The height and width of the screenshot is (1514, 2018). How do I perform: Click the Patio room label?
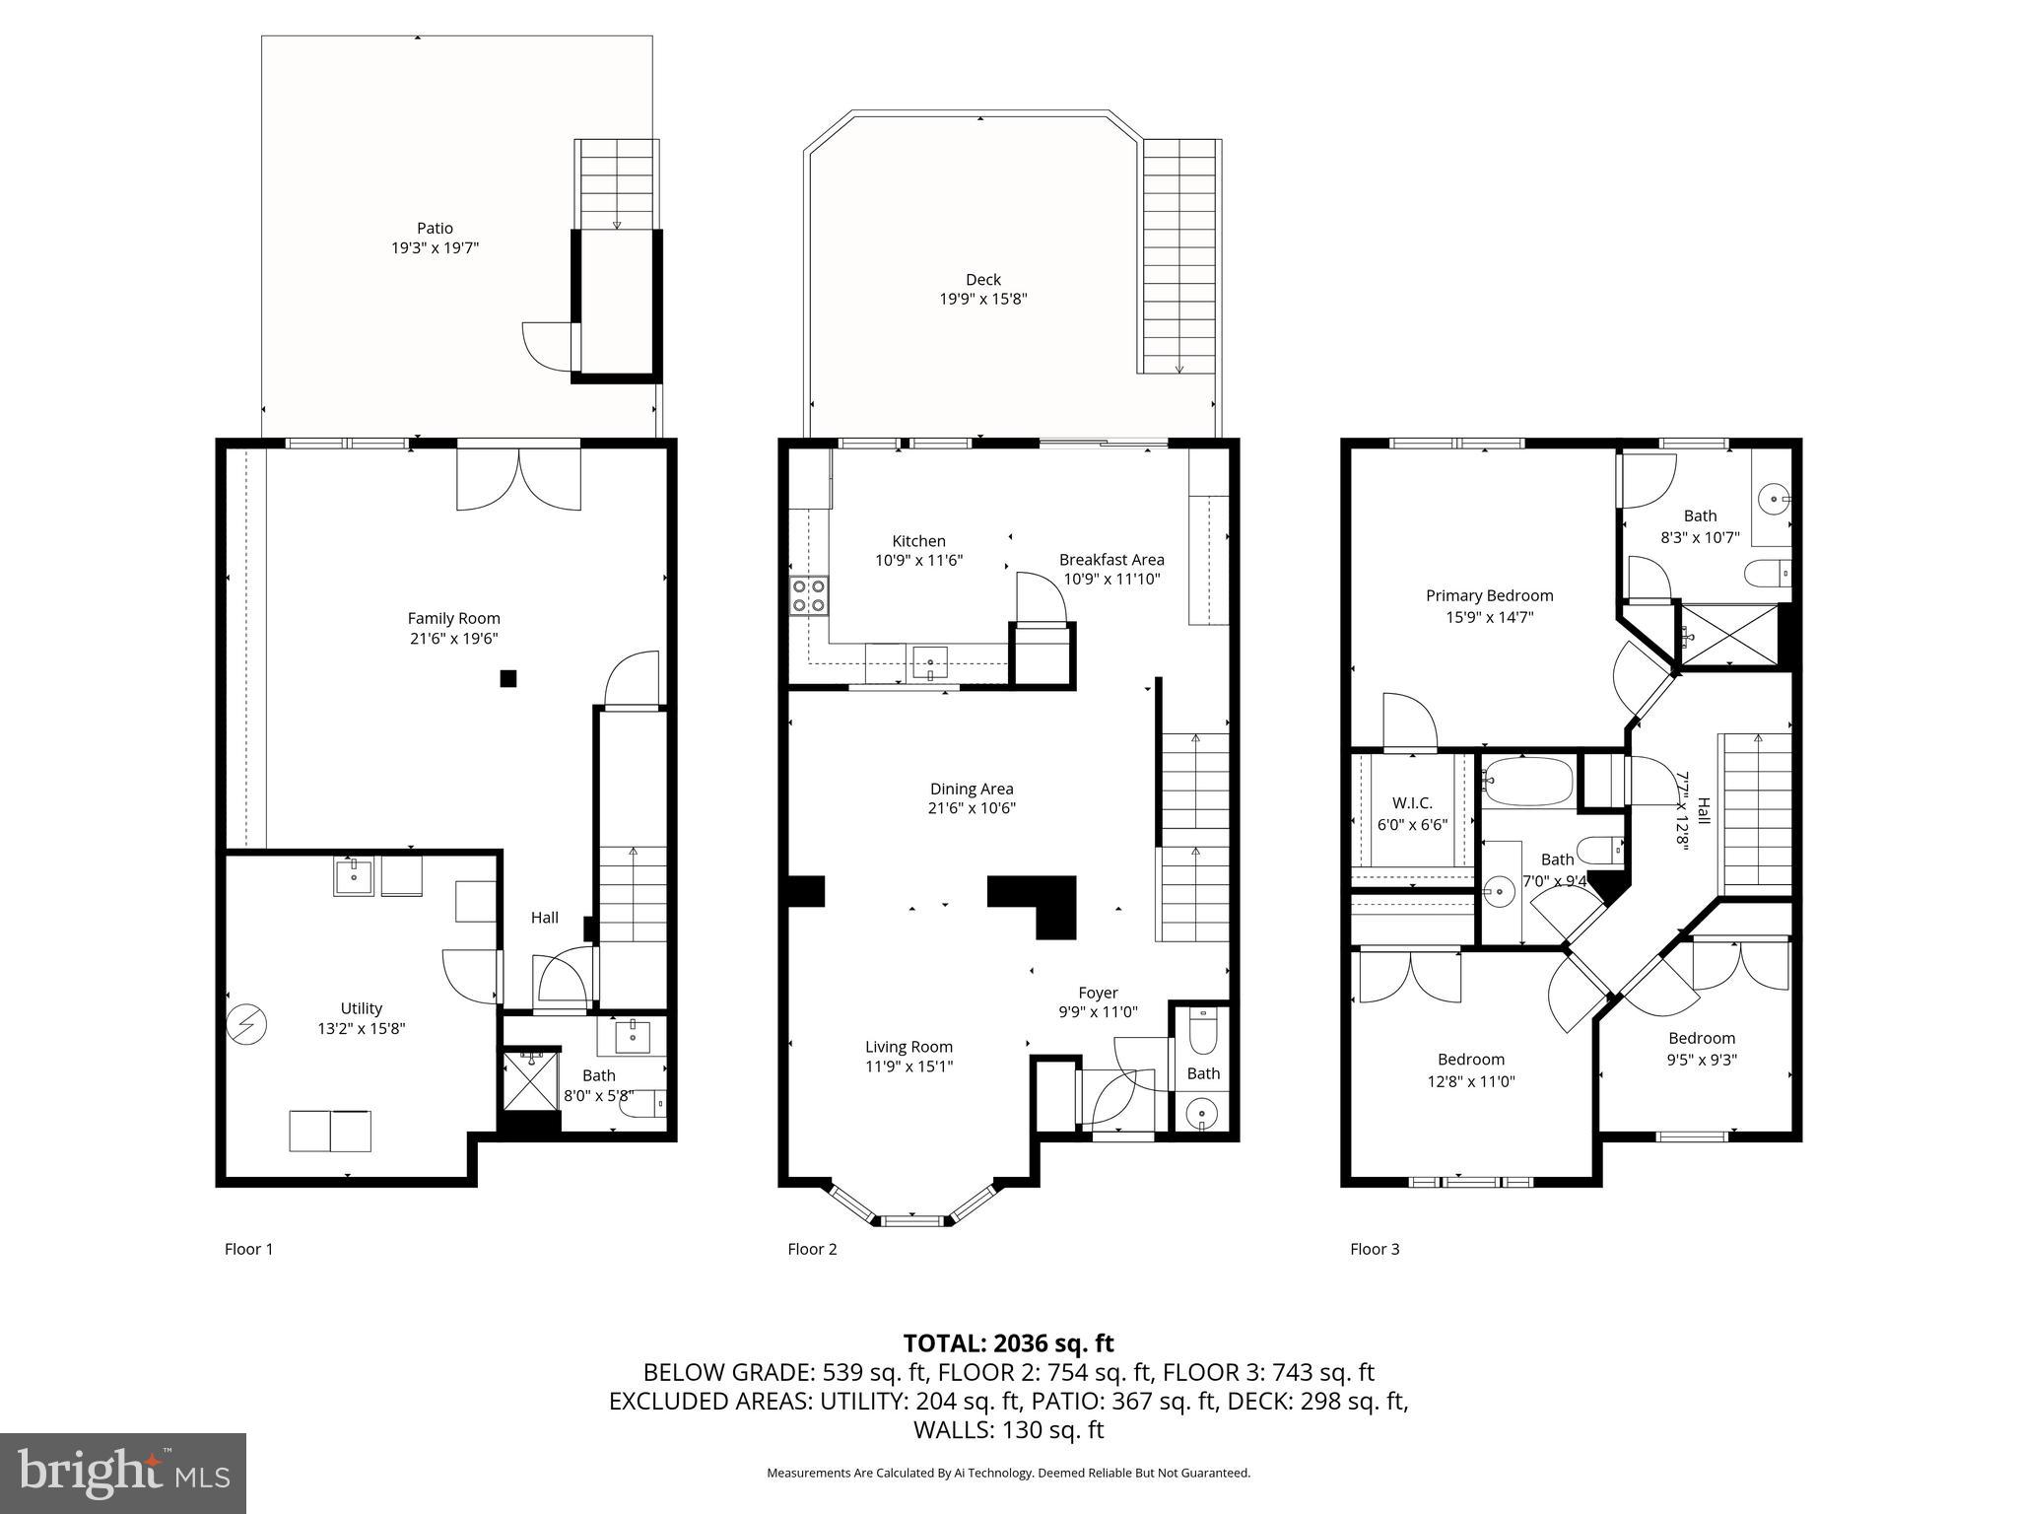435,229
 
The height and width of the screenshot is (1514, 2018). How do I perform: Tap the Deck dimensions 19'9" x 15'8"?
982,299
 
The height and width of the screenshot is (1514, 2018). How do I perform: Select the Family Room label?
453,619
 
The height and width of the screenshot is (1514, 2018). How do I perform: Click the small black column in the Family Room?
508,678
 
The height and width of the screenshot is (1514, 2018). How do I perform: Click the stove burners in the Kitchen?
809,596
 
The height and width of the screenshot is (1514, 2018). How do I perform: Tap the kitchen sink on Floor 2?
929,661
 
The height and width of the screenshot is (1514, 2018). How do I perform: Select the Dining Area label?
971,789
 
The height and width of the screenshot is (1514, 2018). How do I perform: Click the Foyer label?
1098,993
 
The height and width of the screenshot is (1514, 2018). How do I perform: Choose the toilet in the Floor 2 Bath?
1202,1033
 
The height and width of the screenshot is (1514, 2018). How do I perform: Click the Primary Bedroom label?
1489,595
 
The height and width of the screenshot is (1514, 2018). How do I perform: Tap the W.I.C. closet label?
1411,803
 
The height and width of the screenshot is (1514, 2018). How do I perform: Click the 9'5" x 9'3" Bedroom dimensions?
1701,1061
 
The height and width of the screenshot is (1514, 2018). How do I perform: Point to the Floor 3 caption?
1374,1249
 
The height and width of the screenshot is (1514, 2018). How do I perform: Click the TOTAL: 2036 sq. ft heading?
1008,1342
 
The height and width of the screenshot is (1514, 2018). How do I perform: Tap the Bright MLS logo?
123,1473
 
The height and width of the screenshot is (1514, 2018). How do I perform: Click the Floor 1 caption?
248,1249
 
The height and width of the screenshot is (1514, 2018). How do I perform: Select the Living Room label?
908,1047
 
